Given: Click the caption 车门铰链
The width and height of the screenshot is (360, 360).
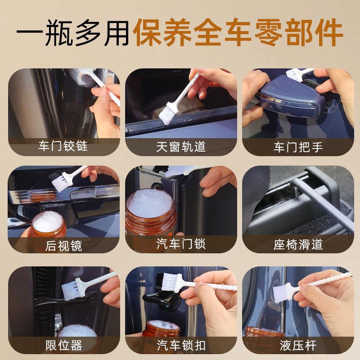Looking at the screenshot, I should [x=63, y=147].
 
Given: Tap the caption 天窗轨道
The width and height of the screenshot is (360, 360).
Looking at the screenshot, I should [x=181, y=147].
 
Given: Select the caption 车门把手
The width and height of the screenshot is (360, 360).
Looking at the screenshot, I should [x=298, y=147].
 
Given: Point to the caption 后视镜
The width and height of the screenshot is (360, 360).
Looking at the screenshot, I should [x=63, y=246].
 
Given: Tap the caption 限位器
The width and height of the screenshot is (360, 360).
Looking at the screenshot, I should [x=63, y=346].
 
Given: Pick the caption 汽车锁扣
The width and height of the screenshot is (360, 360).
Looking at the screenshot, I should [x=181, y=346].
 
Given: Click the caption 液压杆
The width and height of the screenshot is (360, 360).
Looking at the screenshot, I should [x=298, y=346].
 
